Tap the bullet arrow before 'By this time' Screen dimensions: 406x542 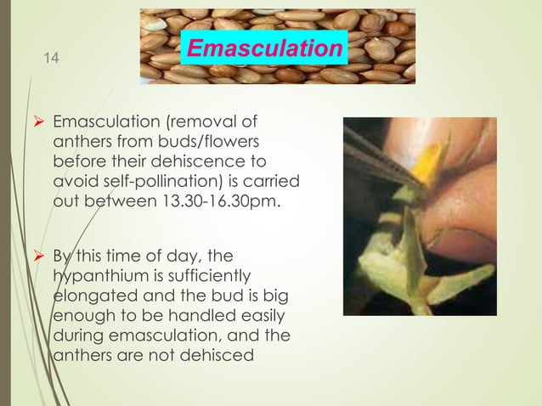tap(39, 256)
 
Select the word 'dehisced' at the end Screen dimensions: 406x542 tap(222, 355)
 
